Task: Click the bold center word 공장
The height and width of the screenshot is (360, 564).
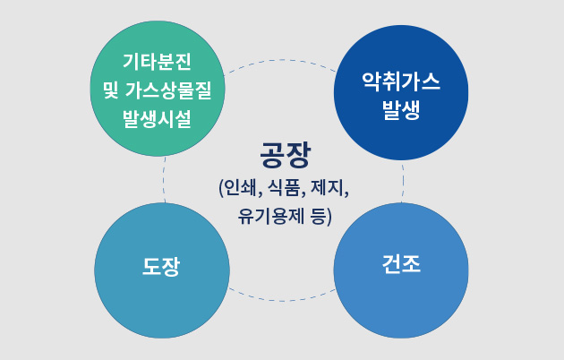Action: [285, 155]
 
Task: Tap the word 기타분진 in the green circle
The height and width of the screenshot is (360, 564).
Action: [158, 62]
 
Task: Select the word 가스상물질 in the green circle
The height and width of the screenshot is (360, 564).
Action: [168, 90]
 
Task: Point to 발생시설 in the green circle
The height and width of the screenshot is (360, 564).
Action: [158, 119]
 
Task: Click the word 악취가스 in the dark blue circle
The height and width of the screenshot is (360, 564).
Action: [401, 81]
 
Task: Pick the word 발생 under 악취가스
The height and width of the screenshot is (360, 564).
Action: [401, 109]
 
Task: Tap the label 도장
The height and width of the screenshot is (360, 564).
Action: [161, 267]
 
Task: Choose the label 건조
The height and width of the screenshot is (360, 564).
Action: [401, 264]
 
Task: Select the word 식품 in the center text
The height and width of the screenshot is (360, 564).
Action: [284, 187]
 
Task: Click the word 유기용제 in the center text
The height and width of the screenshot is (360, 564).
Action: [271, 217]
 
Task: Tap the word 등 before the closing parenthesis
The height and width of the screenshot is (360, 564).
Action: [318, 217]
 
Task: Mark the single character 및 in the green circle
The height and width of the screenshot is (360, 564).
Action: [111, 90]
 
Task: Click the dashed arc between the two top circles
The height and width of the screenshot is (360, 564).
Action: [281, 60]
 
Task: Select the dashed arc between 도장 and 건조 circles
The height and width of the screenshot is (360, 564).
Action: [282, 301]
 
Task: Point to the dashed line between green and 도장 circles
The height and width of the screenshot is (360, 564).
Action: [163, 180]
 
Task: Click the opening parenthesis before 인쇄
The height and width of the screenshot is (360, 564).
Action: [221, 188]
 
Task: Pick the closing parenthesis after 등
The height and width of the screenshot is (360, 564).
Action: [329, 217]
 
